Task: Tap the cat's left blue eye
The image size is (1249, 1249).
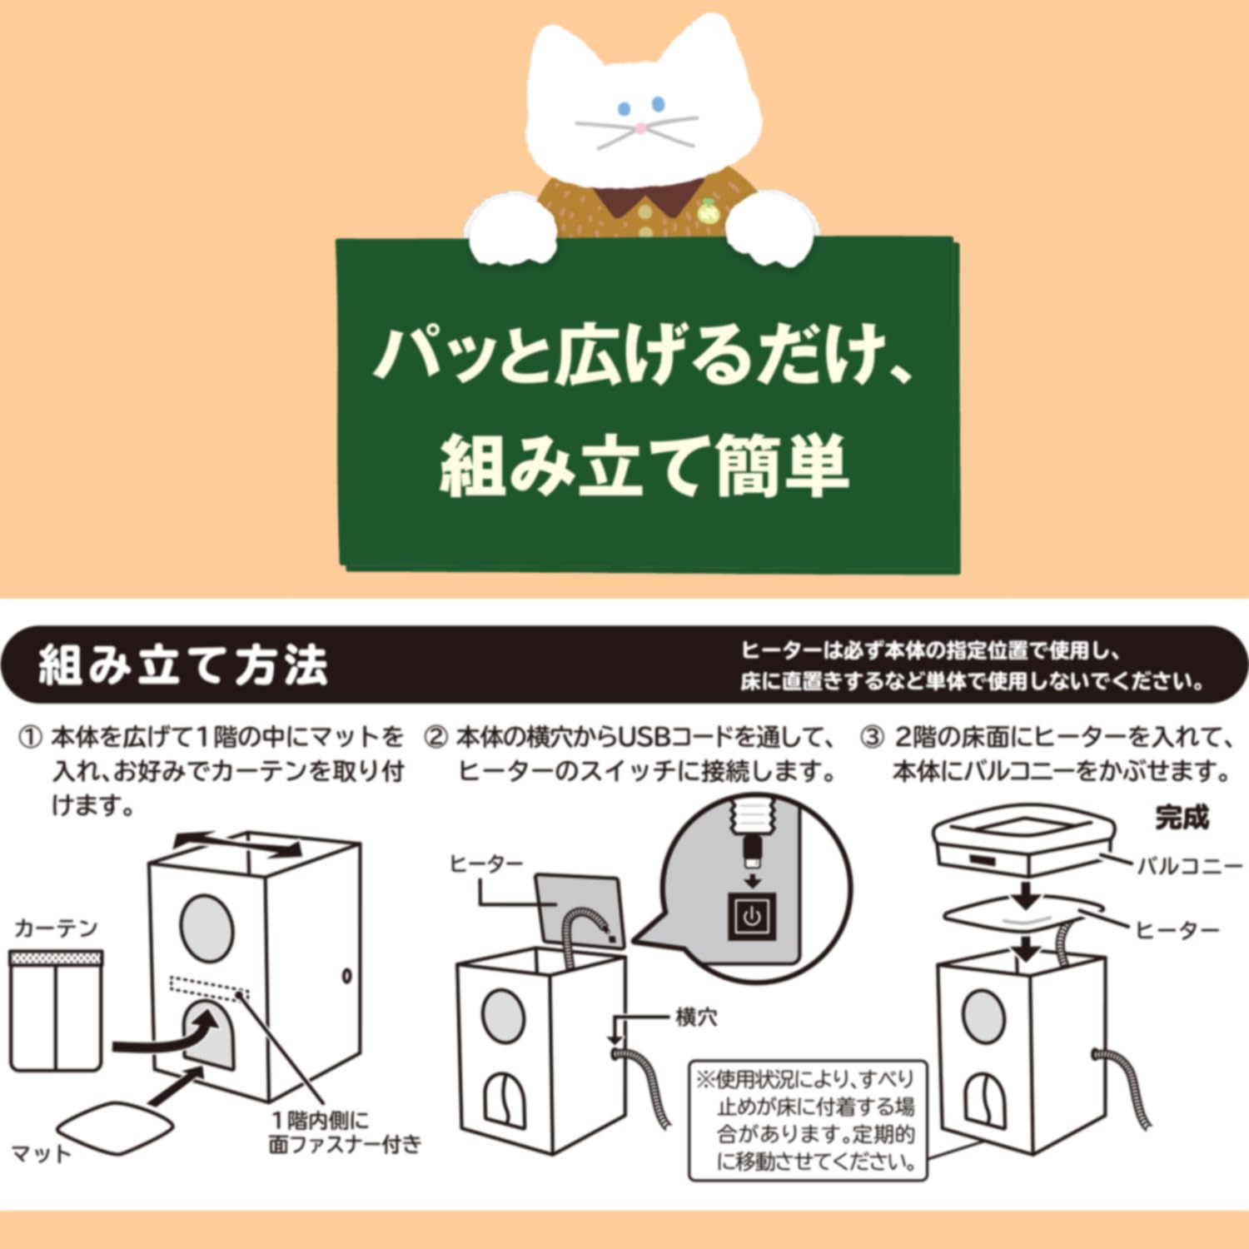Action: pos(624,109)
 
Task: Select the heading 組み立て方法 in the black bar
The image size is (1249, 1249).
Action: pos(184,665)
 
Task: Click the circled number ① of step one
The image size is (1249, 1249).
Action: pos(30,738)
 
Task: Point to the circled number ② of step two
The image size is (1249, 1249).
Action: pos(436,738)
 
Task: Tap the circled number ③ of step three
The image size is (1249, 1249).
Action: pos(872,738)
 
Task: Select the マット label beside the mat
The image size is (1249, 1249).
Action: pos(42,1154)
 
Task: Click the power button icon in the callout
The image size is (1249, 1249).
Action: pos(752,917)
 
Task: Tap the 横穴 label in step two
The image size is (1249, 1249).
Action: pos(696,1017)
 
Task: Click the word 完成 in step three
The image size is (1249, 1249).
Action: pos(1182,818)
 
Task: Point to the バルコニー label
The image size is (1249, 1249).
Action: pos(1190,866)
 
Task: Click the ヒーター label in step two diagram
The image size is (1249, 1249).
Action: pos(487,864)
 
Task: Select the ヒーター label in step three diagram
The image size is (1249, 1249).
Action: pos(1177,929)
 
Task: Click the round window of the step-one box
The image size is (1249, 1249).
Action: pos(207,928)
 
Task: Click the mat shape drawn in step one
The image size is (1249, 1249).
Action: pos(119,1127)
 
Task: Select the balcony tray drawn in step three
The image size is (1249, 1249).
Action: pos(1023,843)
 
